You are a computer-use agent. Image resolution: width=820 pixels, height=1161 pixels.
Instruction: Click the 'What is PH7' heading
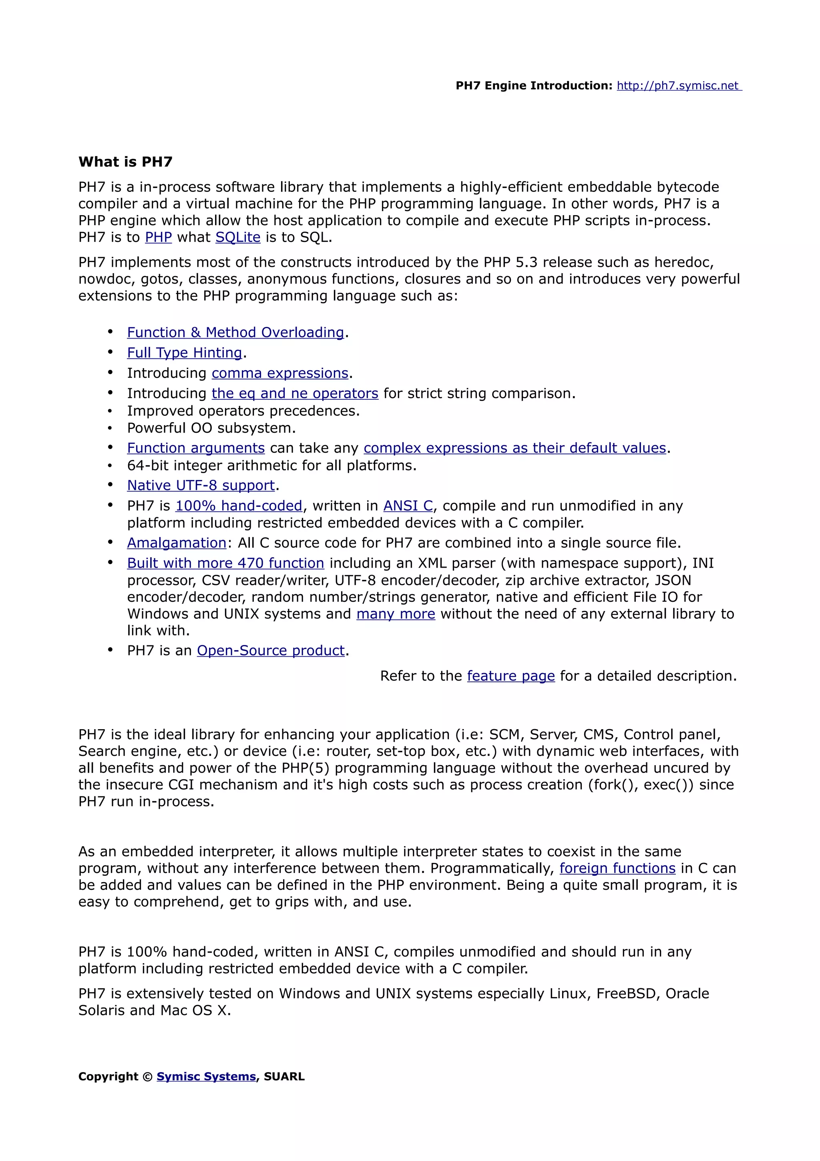(x=125, y=162)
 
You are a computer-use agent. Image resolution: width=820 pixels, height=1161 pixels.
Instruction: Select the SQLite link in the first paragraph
(x=237, y=237)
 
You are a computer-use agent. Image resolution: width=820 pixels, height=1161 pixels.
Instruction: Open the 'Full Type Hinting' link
(x=185, y=353)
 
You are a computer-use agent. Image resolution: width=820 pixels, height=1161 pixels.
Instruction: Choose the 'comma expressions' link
(x=280, y=373)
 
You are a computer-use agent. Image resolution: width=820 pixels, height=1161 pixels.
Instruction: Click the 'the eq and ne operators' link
(x=295, y=393)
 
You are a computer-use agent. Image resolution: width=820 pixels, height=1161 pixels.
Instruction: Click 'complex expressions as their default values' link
(x=515, y=448)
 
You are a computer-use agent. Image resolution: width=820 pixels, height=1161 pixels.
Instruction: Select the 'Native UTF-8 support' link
(x=201, y=486)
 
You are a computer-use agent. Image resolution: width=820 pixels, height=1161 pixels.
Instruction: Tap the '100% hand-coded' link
(x=239, y=506)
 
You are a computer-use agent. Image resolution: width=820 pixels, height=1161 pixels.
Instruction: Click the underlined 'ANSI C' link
(x=408, y=506)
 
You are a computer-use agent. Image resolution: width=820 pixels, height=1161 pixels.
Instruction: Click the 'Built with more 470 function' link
(x=225, y=563)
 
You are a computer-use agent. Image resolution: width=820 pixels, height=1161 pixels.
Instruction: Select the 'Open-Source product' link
(x=271, y=650)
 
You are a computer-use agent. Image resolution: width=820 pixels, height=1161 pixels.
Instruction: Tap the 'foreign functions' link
(x=617, y=868)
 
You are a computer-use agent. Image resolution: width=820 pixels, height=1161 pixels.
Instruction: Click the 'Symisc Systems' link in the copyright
(x=206, y=1076)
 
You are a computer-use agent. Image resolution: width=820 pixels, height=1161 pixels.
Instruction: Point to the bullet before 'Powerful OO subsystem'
(x=110, y=428)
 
